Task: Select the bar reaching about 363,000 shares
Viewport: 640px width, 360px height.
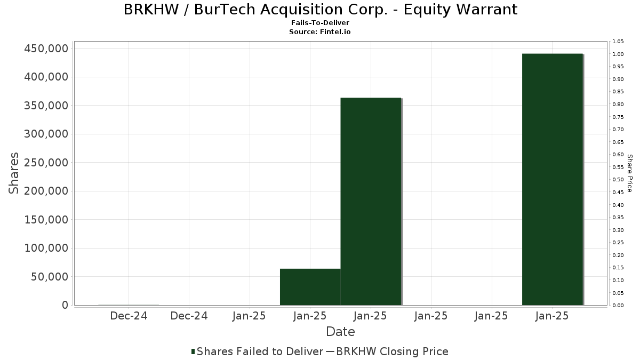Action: pos(371,202)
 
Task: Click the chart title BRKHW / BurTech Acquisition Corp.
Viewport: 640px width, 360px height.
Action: pos(320,10)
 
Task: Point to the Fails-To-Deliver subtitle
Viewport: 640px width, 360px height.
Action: pos(320,23)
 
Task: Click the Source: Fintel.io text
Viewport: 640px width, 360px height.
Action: pos(320,32)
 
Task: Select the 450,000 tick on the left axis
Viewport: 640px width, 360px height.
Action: pos(46,49)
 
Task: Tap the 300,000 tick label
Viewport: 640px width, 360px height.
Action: pos(46,134)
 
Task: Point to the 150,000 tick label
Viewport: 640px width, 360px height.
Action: pos(46,220)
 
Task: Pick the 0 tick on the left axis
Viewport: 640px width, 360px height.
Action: pos(65,305)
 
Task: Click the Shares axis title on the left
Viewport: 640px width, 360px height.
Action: pos(14,173)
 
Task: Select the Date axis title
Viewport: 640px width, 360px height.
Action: pos(340,332)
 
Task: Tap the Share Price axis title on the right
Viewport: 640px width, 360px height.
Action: pos(629,173)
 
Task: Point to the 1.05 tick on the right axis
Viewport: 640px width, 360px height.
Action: pos(618,42)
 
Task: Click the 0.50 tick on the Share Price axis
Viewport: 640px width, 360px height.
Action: pos(618,180)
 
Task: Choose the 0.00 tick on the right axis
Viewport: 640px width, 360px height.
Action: pos(618,306)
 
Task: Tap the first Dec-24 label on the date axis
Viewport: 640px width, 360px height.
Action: pos(129,316)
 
